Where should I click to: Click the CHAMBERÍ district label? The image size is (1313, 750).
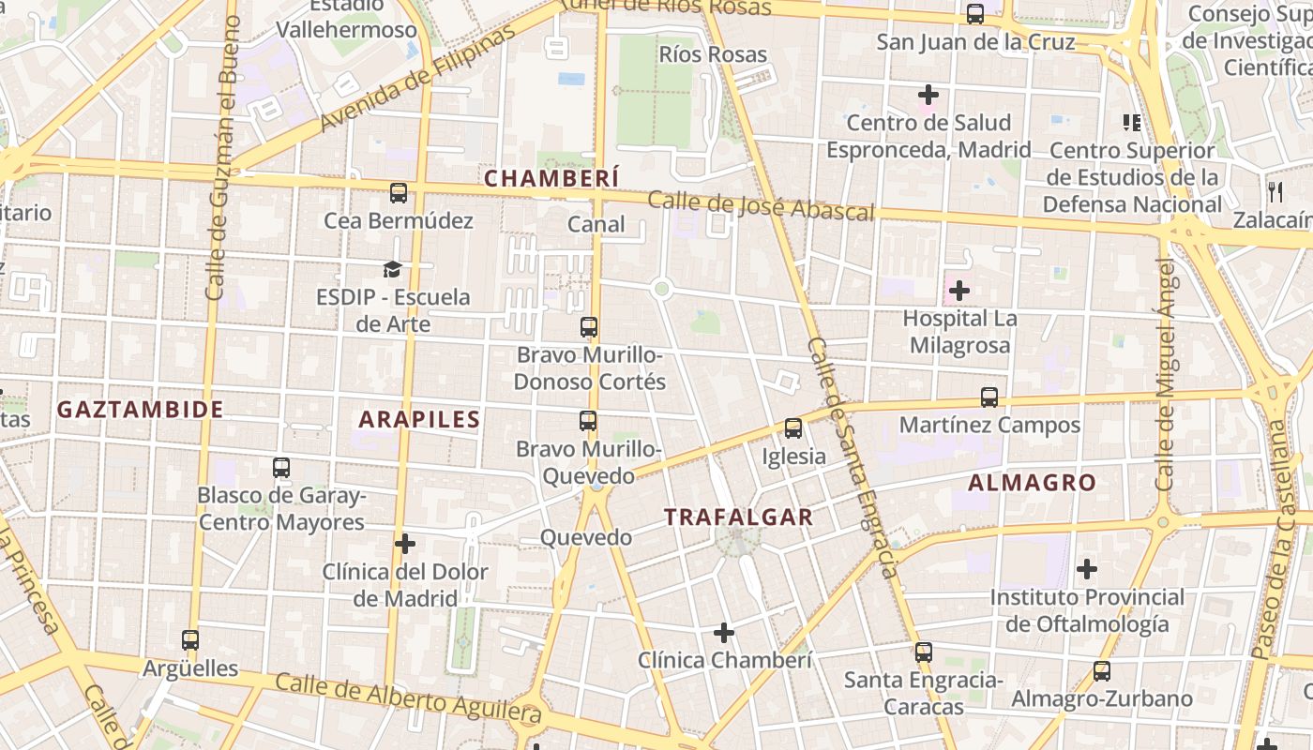tap(551, 177)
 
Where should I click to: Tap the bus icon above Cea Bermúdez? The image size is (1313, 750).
tap(399, 193)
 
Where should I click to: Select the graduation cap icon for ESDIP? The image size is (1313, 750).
tap(392, 270)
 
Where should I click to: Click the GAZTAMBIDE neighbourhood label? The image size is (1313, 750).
tap(141, 410)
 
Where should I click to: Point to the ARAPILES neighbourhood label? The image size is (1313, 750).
tap(419, 420)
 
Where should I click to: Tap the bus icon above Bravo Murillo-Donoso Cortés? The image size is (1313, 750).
tap(589, 327)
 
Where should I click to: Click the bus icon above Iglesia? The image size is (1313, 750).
tap(793, 428)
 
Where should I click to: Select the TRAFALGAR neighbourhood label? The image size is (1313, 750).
tap(738, 517)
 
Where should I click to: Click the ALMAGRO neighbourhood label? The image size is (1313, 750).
tap(1032, 483)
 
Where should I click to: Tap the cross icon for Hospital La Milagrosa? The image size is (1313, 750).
tap(959, 291)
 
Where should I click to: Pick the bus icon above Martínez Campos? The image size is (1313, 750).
tap(989, 397)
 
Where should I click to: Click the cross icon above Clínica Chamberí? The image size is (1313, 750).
tap(724, 633)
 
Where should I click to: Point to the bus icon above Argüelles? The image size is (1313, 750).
tap(190, 640)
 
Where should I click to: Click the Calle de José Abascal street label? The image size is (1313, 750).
tap(761, 205)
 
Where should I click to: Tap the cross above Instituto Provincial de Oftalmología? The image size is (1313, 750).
tap(1087, 568)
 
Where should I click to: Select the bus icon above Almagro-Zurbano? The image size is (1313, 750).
tap(1102, 671)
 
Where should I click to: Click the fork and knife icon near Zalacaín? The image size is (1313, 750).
tap(1275, 192)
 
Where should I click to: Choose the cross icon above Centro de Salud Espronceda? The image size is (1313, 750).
tap(928, 95)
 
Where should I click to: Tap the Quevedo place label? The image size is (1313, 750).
tap(586, 538)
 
